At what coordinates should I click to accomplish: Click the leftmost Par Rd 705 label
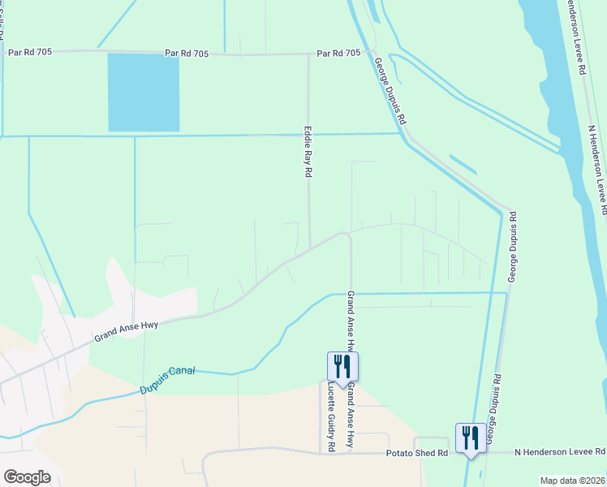point(29,51)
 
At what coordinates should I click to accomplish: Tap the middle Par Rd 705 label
point(187,53)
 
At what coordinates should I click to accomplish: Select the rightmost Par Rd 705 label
point(338,54)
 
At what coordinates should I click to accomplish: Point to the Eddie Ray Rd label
point(308,152)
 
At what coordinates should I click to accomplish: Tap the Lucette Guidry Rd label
point(331,417)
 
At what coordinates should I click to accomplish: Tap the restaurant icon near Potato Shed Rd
point(471,437)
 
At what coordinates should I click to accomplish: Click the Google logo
point(27,476)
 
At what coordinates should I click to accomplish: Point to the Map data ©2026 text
point(572,481)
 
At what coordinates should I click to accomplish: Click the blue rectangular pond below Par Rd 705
point(144,93)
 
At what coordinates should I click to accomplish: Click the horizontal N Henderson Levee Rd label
point(560,451)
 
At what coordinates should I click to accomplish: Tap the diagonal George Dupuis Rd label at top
point(390,89)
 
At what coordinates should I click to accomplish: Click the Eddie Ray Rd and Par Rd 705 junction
point(308,55)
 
